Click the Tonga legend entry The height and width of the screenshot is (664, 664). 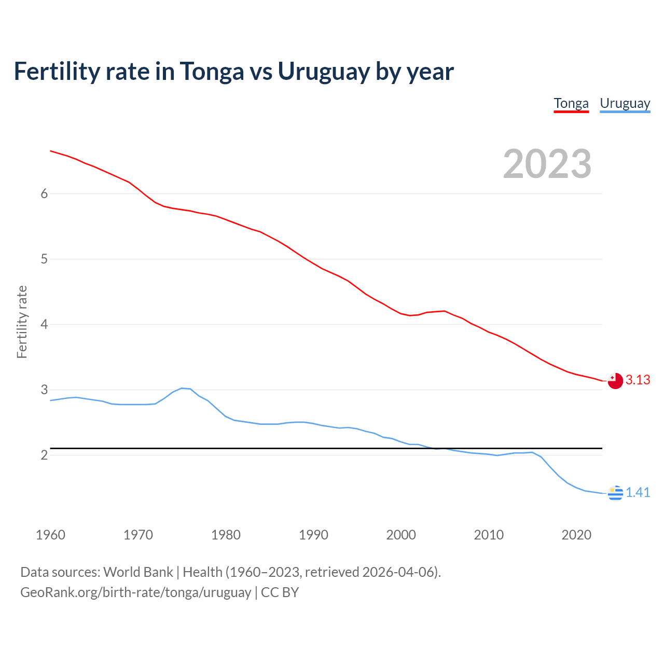point(571,104)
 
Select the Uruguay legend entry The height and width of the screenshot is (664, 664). point(625,104)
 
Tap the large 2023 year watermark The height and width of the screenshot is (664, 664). point(547,164)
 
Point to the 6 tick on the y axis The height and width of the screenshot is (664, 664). point(44,193)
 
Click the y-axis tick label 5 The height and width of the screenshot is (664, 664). point(44,259)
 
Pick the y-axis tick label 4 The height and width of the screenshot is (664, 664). point(44,324)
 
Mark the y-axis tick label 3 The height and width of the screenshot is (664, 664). point(44,390)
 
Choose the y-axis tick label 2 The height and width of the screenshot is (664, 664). point(44,455)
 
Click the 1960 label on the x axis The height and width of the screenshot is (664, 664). point(50,535)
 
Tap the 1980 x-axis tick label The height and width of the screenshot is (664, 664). point(226,535)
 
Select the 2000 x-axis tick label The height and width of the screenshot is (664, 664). point(401,535)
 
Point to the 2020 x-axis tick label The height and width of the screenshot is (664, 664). point(576,535)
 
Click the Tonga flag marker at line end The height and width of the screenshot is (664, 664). point(615,381)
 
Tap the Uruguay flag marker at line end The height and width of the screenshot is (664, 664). point(615,493)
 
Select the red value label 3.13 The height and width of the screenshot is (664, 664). point(638,380)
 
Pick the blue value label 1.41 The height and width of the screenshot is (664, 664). point(638,493)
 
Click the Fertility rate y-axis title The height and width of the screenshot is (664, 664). point(22,322)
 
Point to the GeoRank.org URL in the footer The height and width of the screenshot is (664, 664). point(135,592)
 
